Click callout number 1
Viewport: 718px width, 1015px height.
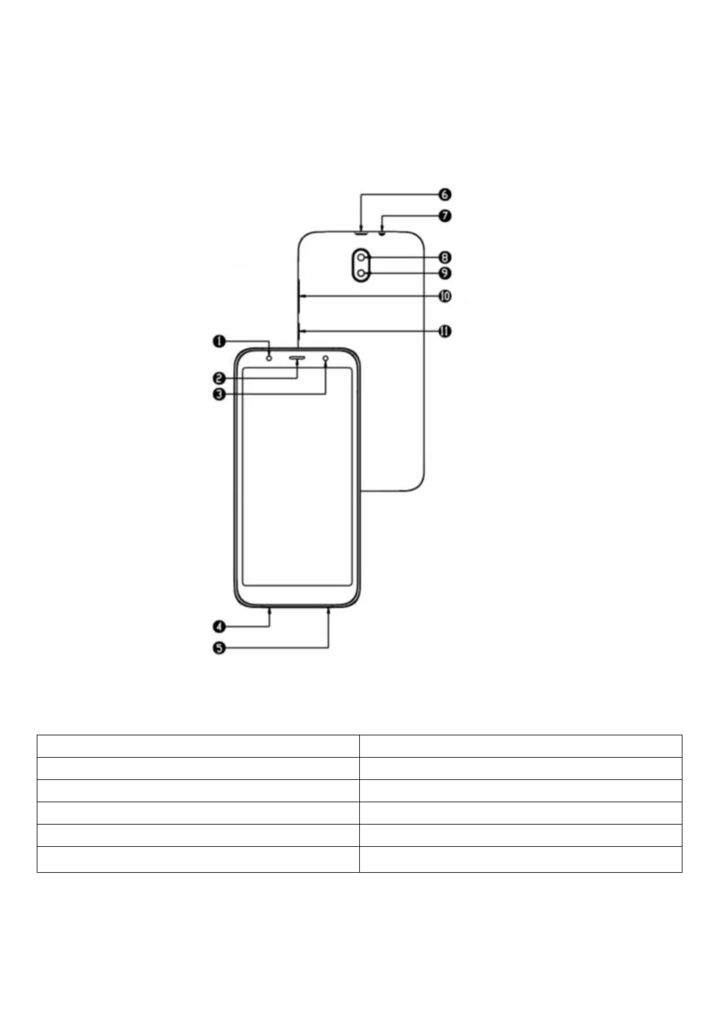[218, 342]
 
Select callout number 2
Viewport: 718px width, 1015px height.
[219, 379]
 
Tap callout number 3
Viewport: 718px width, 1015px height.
[219, 395]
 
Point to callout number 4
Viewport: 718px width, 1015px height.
[219, 627]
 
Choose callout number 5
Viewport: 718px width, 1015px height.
[219, 649]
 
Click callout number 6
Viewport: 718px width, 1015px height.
[444, 195]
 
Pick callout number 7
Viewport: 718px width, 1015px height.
[444, 215]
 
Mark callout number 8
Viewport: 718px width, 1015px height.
[444, 257]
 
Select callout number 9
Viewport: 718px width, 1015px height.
[444, 273]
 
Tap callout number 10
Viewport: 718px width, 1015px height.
[444, 296]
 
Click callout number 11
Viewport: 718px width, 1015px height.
[444, 331]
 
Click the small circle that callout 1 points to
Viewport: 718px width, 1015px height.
[269, 358]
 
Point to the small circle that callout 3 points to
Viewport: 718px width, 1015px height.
[326, 359]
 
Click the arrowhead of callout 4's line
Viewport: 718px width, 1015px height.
[269, 609]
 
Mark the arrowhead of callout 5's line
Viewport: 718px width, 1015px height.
[329, 609]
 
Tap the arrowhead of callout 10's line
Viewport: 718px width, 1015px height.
[302, 296]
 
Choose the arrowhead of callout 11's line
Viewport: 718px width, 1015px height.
[302, 331]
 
